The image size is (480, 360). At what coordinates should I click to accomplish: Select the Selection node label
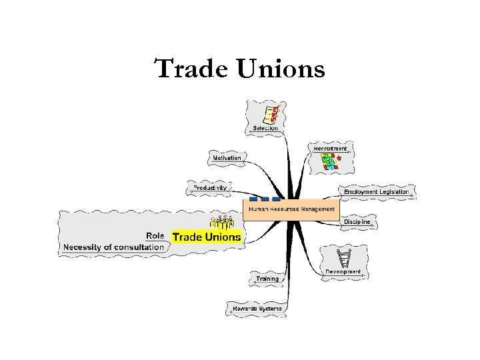[x=265, y=127]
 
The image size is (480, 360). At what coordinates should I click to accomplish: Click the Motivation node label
[x=227, y=158]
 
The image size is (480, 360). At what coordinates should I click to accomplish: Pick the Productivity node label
[x=210, y=188]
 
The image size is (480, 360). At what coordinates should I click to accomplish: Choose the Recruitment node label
[x=330, y=148]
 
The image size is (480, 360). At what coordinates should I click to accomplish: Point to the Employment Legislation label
[x=376, y=192]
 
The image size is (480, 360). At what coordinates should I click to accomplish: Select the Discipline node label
[x=357, y=221]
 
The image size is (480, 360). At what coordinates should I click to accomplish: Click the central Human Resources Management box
[x=291, y=209]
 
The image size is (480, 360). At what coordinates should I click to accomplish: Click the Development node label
[x=343, y=271]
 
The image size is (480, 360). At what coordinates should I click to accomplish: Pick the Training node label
[x=267, y=279]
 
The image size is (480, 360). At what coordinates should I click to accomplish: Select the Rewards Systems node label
[x=257, y=309]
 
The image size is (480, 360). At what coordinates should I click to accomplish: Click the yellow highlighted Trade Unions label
[x=207, y=237]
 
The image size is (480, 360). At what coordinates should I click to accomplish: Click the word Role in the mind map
[x=155, y=235]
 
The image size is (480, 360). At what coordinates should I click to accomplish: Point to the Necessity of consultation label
[x=113, y=247]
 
